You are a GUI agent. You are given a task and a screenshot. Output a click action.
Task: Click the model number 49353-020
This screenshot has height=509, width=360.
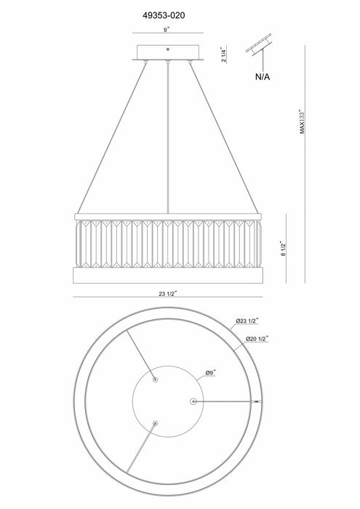(x=164, y=15)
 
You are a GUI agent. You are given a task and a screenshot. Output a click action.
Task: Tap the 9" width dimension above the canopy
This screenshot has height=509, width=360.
(x=167, y=30)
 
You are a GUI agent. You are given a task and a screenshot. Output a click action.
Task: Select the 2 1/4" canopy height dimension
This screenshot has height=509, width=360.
(x=223, y=55)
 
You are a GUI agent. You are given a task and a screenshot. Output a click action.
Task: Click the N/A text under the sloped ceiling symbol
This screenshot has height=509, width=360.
(x=263, y=77)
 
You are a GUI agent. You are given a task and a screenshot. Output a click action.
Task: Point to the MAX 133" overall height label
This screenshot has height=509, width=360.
(x=303, y=121)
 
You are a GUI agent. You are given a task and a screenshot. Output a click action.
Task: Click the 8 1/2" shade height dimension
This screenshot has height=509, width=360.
(x=284, y=249)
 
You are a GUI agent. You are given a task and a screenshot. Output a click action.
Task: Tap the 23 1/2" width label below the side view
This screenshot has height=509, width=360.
(x=167, y=294)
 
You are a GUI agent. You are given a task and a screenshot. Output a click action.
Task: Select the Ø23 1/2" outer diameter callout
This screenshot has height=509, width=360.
(x=247, y=321)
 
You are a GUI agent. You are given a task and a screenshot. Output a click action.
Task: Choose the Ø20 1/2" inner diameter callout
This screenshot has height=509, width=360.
(x=257, y=339)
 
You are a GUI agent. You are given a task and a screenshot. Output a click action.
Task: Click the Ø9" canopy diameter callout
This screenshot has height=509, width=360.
(x=211, y=373)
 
